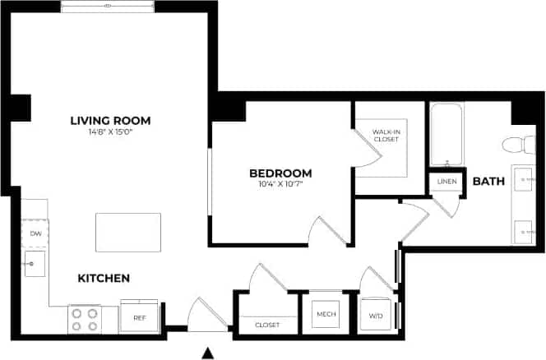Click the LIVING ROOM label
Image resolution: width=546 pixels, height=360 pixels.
[x=110, y=121]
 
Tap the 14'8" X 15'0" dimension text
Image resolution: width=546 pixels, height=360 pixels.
[x=110, y=132]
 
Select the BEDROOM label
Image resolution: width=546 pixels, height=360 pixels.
[x=280, y=173]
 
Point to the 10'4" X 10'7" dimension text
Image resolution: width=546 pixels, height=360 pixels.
[x=280, y=184]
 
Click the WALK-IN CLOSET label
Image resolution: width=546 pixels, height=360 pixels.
[x=385, y=136]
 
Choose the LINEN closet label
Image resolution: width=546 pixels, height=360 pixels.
[x=447, y=182]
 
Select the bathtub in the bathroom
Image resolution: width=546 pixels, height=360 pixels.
[x=447, y=134]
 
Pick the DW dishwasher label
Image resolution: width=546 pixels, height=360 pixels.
[x=35, y=234]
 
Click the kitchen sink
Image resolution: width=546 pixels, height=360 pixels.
[x=35, y=264]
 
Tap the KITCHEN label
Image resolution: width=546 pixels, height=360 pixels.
[x=104, y=279]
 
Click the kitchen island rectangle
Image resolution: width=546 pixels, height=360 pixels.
[x=128, y=232]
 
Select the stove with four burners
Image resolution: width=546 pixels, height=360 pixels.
[x=83, y=319]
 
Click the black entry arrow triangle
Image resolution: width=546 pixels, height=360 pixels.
[x=209, y=353]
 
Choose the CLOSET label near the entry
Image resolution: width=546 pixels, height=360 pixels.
[x=267, y=325]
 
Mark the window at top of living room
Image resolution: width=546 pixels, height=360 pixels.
[x=109, y=7]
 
